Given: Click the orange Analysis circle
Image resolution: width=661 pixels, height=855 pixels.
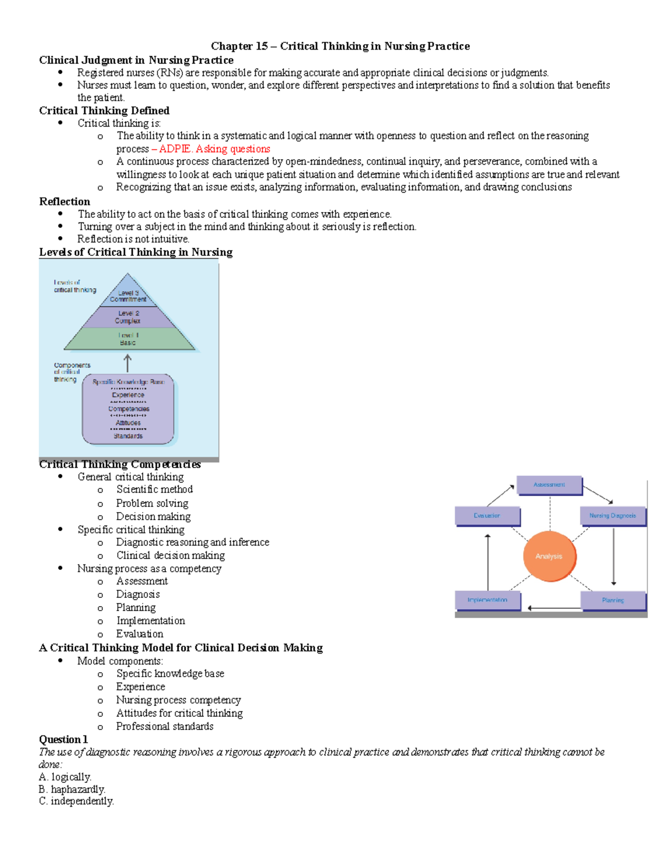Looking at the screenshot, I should pyautogui.click(x=549, y=556).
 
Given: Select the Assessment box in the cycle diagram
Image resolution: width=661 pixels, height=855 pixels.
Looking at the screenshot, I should pyautogui.click(x=549, y=485).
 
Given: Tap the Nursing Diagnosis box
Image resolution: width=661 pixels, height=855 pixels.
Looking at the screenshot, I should pyautogui.click(x=613, y=516).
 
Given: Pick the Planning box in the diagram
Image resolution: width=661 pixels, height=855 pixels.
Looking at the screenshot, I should pyautogui.click(x=613, y=600).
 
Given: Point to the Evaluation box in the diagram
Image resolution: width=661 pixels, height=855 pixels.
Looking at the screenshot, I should pyautogui.click(x=487, y=516).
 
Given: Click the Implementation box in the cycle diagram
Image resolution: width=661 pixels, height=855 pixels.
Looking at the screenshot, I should pyautogui.click(x=487, y=600).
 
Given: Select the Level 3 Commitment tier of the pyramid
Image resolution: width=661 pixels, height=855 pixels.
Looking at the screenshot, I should pyautogui.click(x=128, y=296).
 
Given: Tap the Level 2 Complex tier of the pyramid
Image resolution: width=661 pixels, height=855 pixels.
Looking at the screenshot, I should pyautogui.click(x=128, y=317).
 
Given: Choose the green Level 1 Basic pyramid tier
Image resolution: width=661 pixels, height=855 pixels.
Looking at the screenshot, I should pyautogui.click(x=128, y=339).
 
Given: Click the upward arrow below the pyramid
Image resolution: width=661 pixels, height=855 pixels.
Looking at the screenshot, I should pyautogui.click(x=128, y=363).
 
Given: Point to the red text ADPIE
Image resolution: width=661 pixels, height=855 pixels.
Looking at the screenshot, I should pyautogui.click(x=175, y=149).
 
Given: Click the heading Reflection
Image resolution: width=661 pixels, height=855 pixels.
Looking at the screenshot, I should pyautogui.click(x=64, y=202).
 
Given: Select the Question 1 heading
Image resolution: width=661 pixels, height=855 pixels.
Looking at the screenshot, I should pyautogui.click(x=63, y=739).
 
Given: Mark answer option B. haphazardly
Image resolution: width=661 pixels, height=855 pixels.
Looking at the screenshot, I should pyautogui.click(x=72, y=789).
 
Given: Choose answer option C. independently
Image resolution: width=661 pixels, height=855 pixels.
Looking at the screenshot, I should pyautogui.click(x=77, y=801).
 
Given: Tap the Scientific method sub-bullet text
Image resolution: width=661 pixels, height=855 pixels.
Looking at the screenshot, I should pyautogui.click(x=154, y=489).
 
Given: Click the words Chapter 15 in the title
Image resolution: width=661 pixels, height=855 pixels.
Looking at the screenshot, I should pyautogui.click(x=239, y=46).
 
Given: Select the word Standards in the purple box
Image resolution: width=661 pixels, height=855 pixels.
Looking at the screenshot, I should pyautogui.click(x=128, y=436).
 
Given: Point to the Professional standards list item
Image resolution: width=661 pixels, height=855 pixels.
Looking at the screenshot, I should pyautogui.click(x=165, y=726).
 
